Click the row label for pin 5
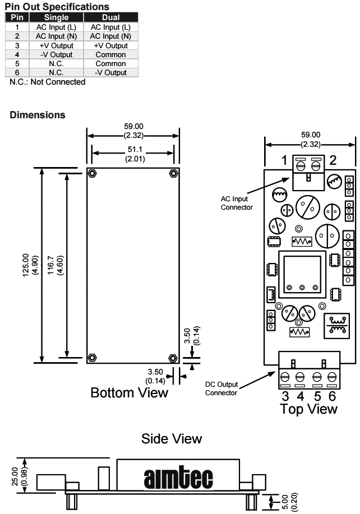(17, 64)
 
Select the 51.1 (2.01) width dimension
(133, 158)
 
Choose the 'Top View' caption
(310, 409)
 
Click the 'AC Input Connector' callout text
(237, 202)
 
